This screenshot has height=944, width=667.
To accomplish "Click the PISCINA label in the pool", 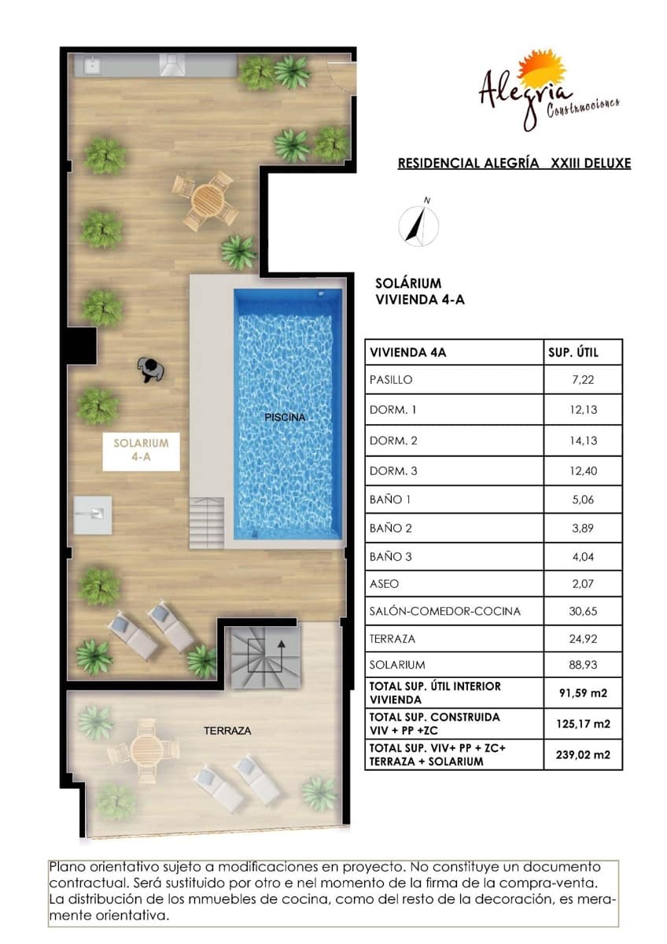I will [x=285, y=418].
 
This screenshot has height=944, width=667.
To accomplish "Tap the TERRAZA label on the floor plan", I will [x=227, y=731].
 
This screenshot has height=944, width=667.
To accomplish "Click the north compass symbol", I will [x=418, y=224].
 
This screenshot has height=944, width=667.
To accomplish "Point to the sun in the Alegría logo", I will [x=543, y=70].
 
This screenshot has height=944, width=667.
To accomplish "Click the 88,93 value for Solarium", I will [x=582, y=665].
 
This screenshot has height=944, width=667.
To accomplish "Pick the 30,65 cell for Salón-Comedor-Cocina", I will [x=582, y=610].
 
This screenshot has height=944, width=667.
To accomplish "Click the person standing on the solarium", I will [x=149, y=369].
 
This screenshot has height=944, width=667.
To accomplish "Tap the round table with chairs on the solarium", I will [x=206, y=201].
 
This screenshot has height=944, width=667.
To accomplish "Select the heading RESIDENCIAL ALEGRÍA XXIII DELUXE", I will [x=514, y=164].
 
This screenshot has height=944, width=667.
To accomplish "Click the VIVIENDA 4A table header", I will [x=407, y=352].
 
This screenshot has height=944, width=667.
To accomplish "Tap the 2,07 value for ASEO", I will [x=582, y=584].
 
